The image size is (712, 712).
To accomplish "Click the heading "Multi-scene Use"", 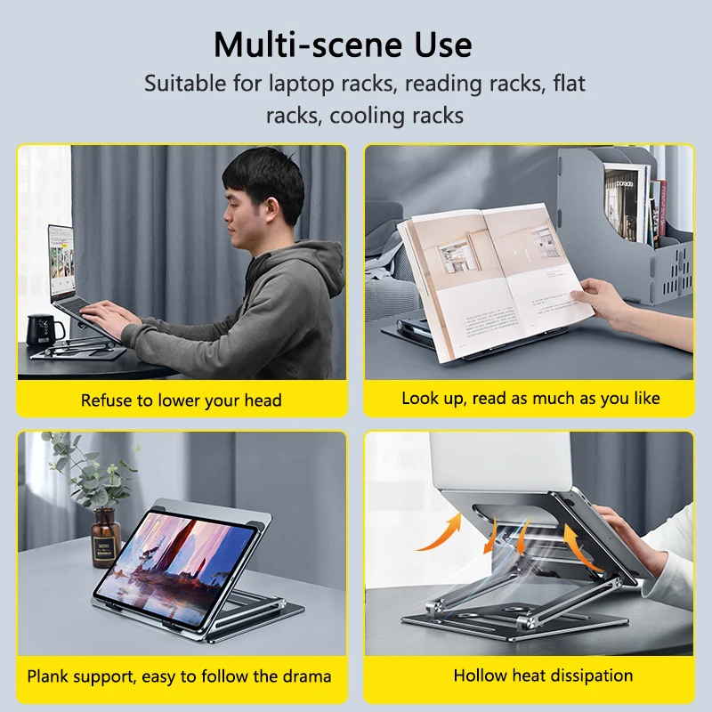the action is click(x=343, y=44).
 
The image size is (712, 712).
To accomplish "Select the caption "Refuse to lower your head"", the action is click(x=182, y=400).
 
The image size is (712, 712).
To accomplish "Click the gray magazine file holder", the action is click(x=627, y=222).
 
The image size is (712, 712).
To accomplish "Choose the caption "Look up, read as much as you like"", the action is click(x=530, y=398).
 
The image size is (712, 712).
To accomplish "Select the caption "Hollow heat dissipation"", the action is click(x=543, y=676).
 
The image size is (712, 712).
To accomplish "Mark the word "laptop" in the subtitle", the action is click(x=302, y=85).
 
